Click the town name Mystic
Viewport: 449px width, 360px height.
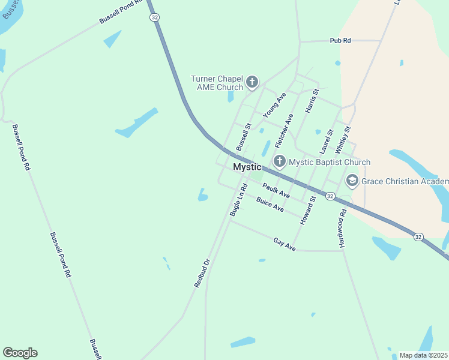pyautogui.click(x=247, y=167)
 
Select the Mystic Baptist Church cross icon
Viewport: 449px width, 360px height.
pyautogui.click(x=279, y=161)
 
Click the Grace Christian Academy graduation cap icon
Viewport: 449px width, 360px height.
pyautogui.click(x=352, y=180)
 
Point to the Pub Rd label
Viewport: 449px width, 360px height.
pyautogui.click(x=340, y=40)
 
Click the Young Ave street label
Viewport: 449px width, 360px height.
pyautogui.click(x=274, y=104)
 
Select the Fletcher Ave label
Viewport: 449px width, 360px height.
pyautogui.click(x=284, y=132)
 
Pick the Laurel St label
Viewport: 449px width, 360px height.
pyautogui.click(x=327, y=141)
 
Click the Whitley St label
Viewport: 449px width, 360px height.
pyautogui.click(x=342, y=139)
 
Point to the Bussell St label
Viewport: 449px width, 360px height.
pyautogui.click(x=243, y=137)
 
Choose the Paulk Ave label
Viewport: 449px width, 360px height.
pyautogui.click(x=276, y=191)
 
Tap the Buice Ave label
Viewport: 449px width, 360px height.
pyautogui.click(x=270, y=204)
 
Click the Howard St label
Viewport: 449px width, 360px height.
pyautogui.click(x=307, y=211)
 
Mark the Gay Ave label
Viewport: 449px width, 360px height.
pyautogui.click(x=285, y=244)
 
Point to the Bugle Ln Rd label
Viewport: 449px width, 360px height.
pyautogui.click(x=238, y=200)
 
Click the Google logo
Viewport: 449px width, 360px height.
pyautogui.click(x=20, y=353)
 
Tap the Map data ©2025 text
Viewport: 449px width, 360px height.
pyautogui.click(x=423, y=355)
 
